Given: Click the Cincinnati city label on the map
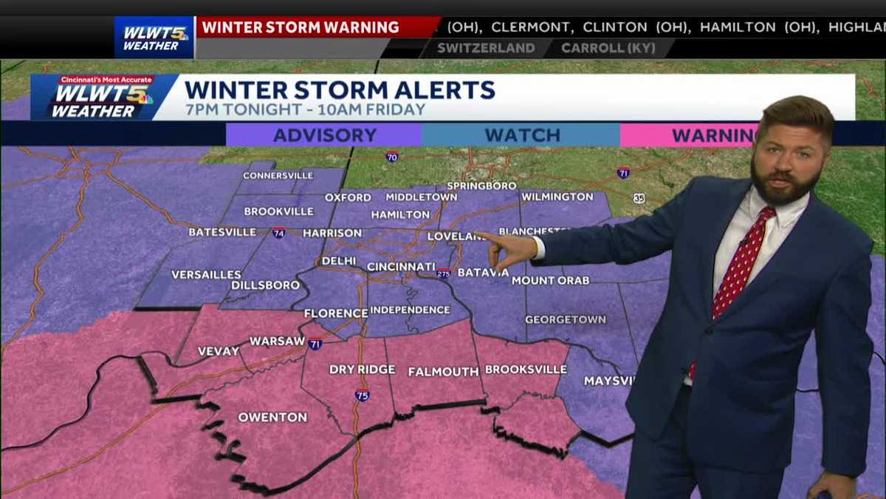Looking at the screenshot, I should tap(401, 266).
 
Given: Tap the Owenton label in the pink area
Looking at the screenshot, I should tap(272, 418).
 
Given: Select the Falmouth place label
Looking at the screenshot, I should tap(444, 372).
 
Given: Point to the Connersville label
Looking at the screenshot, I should tap(278, 176).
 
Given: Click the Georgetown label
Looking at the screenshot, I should tap(566, 320).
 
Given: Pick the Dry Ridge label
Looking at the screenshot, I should tap(363, 370).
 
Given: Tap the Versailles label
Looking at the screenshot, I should tap(206, 275).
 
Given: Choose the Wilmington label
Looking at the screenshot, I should tap(557, 197).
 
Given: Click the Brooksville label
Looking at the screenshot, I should tap(526, 370).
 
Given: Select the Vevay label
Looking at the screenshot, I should tap(219, 351).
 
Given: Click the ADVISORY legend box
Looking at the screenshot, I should tap(324, 135).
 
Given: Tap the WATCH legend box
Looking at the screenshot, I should tap(521, 135).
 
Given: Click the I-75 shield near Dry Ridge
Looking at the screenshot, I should tap(361, 395).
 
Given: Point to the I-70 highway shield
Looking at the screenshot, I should tap(391, 157).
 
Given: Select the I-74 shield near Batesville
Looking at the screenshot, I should tap(278, 232).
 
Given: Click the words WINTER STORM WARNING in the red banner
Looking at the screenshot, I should tap(301, 28).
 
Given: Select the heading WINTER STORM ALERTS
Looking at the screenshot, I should tap(340, 90).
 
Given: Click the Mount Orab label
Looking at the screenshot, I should tap(550, 281).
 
